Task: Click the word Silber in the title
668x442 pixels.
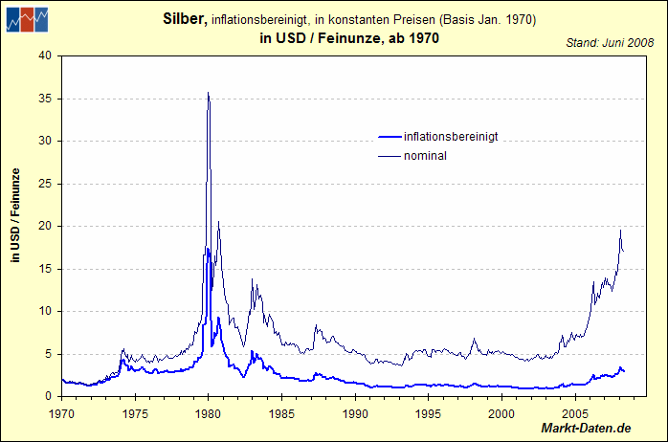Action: click(x=185, y=18)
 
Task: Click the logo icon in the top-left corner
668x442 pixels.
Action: click(x=27, y=18)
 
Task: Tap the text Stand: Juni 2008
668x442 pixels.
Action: click(x=610, y=42)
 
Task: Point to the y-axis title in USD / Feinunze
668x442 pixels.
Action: click(x=15, y=214)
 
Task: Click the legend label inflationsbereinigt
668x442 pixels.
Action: click(x=451, y=137)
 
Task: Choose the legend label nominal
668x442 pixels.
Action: click(x=425, y=156)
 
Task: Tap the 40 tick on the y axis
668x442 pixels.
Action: click(x=45, y=55)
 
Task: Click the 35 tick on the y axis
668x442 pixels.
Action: click(x=45, y=99)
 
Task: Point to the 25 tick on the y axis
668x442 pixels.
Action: click(x=45, y=184)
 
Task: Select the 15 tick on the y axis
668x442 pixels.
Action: click(x=45, y=269)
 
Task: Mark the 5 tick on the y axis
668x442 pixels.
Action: click(x=49, y=354)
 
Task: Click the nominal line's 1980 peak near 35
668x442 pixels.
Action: click(x=209, y=93)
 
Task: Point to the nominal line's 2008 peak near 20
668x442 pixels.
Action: click(x=620, y=231)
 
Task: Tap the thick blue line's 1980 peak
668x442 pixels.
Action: click(x=208, y=249)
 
